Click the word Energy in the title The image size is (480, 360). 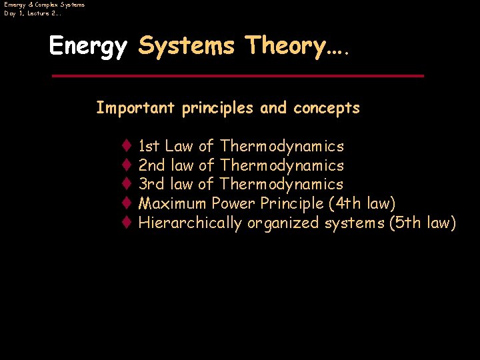[88, 46]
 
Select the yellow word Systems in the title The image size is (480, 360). [186, 46]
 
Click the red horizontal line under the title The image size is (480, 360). [237, 76]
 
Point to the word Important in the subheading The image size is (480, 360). [136, 108]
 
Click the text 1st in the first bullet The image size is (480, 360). [149, 146]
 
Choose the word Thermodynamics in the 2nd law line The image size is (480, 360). [281, 165]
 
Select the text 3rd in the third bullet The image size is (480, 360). [150, 184]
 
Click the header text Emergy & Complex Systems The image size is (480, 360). [44, 5]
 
